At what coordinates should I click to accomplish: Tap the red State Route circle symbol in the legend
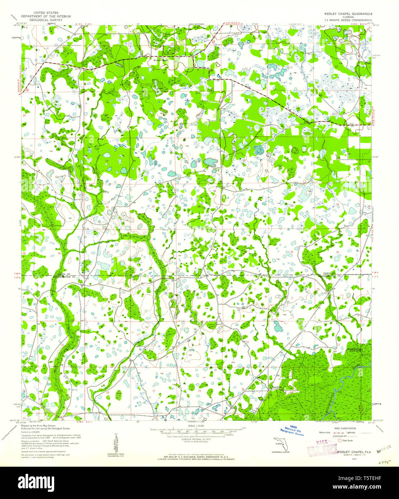pos(339,440)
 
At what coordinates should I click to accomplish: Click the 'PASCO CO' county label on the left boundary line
pos(67,274)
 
